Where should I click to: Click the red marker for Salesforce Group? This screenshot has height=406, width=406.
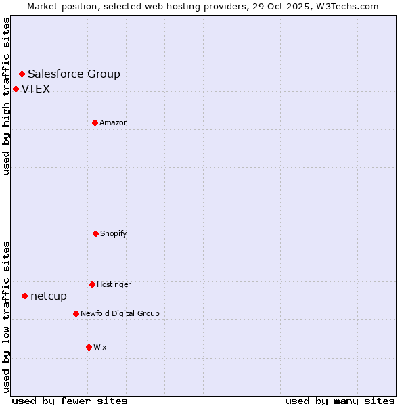tap(22, 74)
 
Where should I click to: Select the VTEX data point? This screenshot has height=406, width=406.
tap(16, 89)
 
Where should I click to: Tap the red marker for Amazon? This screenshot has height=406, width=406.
tap(95, 122)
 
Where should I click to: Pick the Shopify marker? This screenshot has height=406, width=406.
tap(95, 233)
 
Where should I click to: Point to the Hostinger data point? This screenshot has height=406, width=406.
tap(92, 284)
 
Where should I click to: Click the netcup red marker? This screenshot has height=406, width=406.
tap(24, 296)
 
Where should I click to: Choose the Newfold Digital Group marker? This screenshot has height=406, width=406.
tap(76, 313)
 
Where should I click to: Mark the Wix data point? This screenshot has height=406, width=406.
tap(89, 347)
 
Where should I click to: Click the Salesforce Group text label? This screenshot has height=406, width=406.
tap(74, 74)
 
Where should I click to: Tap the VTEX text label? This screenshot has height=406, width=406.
tap(36, 89)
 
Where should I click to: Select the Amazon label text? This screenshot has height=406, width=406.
tap(114, 123)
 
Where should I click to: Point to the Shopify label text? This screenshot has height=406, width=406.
tap(114, 234)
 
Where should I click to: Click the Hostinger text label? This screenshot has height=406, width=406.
tap(114, 285)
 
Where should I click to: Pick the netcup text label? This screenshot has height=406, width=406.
tap(49, 296)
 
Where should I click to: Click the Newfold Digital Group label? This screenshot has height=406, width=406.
tap(120, 314)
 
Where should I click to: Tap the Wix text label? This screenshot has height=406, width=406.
tap(100, 348)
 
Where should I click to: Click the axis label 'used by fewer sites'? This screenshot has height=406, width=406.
tap(70, 401)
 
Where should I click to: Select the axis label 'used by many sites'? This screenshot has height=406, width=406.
tap(340, 401)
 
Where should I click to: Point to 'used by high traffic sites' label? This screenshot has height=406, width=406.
tap(6, 97)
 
